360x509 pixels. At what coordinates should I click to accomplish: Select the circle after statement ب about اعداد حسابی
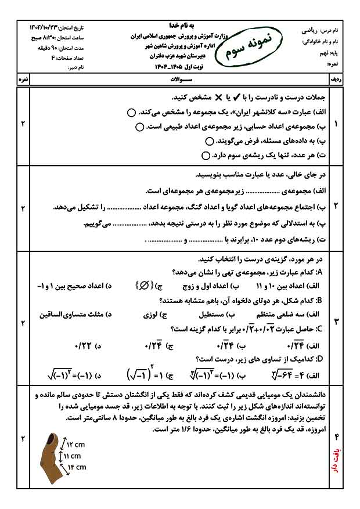click(139, 127)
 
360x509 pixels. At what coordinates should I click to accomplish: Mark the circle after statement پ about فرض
click(210, 141)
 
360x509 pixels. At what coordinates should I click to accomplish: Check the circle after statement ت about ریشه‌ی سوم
click(205, 156)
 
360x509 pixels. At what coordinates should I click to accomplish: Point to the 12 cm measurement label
click(75, 445)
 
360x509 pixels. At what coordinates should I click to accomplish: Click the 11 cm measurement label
click(73, 456)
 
